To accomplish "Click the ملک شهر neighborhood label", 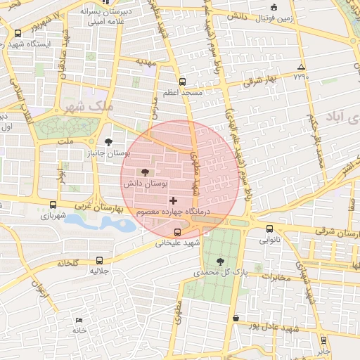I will [x=87, y=107].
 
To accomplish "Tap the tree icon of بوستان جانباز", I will [x=108, y=141].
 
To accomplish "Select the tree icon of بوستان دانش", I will [x=146, y=172].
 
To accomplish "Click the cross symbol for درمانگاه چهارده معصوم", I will [x=174, y=201].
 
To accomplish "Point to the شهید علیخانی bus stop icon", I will [x=176, y=232].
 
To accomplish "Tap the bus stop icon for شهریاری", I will [x=53, y=205].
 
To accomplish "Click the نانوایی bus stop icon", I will [x=270, y=229].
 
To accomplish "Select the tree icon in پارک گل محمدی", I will [x=221, y=261].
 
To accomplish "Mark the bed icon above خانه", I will [x=78, y=320].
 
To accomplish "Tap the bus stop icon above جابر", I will [x=323, y=340].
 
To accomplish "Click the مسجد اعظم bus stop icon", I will [x=182, y=81].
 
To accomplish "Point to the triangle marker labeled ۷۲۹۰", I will [x=301, y=66].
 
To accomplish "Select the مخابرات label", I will [x=276, y=277].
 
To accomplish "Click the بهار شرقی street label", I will [x=260, y=82].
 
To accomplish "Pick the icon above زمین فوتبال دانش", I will [x=274, y=8].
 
